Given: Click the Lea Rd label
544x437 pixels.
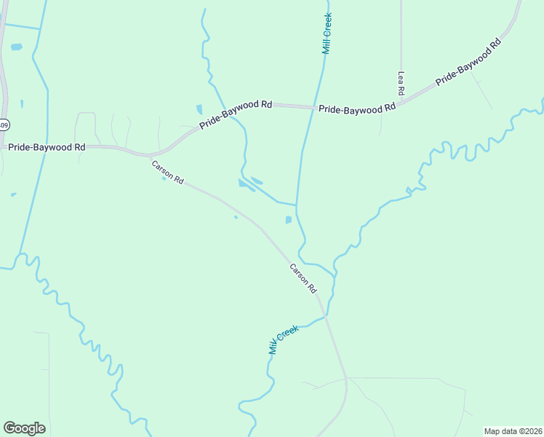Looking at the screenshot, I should point(401,83).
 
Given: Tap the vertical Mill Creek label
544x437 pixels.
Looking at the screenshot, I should point(327,34).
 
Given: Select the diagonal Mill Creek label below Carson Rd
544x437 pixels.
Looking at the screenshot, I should point(283,339).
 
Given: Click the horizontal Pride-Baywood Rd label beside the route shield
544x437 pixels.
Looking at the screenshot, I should point(47,147).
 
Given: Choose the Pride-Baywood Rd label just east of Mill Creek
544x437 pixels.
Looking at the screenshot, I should point(357,109).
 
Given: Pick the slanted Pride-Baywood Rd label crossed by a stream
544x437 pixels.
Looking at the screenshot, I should point(236,115).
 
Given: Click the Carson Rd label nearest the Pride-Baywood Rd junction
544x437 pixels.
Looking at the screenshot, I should point(167,172).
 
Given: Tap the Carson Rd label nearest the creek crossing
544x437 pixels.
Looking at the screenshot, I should point(303,277).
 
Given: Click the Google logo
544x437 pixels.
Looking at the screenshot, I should point(24,428).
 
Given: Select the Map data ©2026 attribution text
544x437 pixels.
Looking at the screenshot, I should point(513,430).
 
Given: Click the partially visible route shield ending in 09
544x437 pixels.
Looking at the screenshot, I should point(4,123).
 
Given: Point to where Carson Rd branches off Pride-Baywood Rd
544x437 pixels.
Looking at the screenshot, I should point(149,156).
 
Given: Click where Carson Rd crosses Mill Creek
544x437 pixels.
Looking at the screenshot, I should point(325,318).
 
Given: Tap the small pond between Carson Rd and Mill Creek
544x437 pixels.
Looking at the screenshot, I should point(289,220).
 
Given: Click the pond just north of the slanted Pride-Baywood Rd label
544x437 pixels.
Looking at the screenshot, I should point(199,110).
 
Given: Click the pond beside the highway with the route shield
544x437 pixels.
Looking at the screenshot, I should point(16,47).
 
